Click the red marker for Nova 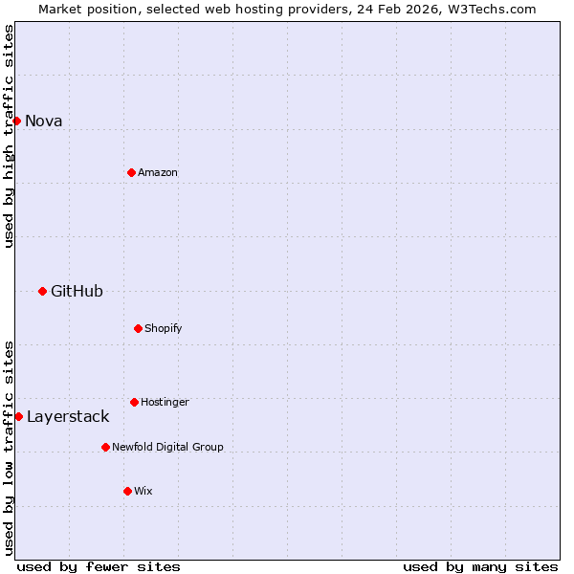pos(16,121)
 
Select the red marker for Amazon pos(131,172)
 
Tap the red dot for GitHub pos(42,291)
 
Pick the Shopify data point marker pos(138,328)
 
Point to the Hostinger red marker pos(134,402)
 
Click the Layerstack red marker pos(18,416)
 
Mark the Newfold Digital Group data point pos(105,447)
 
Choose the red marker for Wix pos(127,491)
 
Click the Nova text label pos(43,121)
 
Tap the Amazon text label pos(158,172)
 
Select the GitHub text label pos(77,291)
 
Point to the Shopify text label pos(163,328)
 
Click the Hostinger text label pos(165,402)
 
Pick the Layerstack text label pos(68,416)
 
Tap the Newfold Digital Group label pos(167,447)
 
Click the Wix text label pos(143,491)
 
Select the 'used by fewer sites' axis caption pos(99,566)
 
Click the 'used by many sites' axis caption pos(480,566)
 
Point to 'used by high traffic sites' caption pos(9,136)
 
